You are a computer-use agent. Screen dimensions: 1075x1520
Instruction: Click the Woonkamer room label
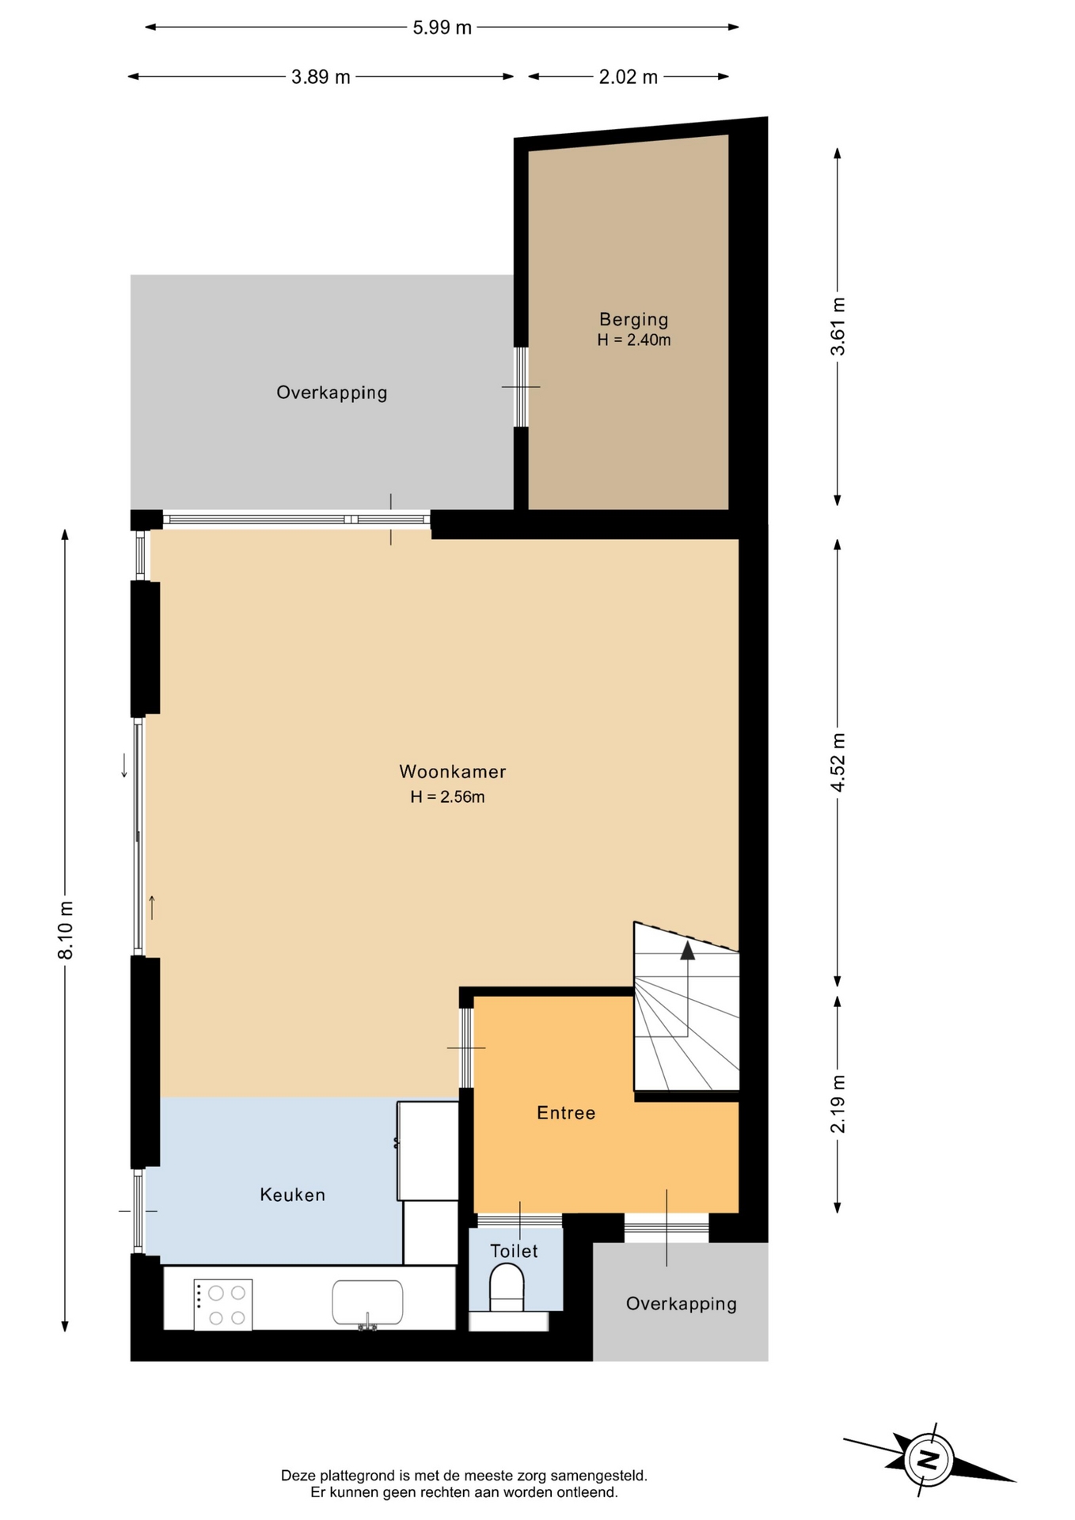coord(452,771)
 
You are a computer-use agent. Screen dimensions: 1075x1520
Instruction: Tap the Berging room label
coord(633,319)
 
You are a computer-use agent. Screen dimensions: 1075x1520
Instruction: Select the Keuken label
coord(293,1195)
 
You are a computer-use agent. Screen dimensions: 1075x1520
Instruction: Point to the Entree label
coord(566,1113)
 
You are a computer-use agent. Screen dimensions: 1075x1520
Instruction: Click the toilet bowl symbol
coord(507,1288)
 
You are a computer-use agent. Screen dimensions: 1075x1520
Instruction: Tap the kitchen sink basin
coord(367,1302)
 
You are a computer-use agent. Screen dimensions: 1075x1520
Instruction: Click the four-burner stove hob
coord(223,1305)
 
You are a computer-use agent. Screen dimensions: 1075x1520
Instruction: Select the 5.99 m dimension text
coord(442,28)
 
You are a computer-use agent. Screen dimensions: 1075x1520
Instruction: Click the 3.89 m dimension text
coord(321,77)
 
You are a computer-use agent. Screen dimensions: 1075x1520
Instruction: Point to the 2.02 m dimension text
coord(628,77)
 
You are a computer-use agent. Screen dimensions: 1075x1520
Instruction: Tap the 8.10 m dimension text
coord(66,930)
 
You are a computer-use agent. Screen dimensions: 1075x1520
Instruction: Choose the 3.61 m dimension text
coord(838,326)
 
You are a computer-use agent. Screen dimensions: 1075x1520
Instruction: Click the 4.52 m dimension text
coord(838,762)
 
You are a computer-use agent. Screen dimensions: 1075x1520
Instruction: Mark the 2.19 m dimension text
coord(838,1104)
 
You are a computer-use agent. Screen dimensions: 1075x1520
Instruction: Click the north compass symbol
coord(929,1459)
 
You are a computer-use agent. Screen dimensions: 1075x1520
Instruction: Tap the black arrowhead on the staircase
coord(687,950)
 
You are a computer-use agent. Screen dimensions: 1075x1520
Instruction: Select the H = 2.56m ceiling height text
coord(447,797)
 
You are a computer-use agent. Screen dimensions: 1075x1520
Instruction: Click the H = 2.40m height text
coord(634,340)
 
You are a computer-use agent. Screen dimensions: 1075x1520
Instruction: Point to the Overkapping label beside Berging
coord(332,393)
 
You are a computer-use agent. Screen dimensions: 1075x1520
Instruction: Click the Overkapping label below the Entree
coord(682,1304)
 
